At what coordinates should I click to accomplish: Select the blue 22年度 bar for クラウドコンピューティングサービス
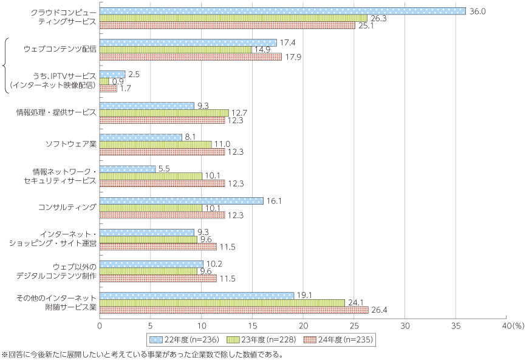click(282, 11)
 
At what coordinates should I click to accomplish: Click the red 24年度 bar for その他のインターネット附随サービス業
click(234, 310)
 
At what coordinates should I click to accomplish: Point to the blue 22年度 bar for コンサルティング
click(181, 200)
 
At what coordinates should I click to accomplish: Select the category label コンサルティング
click(67, 208)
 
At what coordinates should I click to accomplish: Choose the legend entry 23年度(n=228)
click(261, 339)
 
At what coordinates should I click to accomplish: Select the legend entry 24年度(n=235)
click(339, 339)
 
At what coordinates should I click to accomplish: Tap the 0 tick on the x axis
click(100, 326)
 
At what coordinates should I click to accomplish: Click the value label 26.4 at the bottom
click(379, 310)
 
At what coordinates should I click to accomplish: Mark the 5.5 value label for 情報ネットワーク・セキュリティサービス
click(164, 168)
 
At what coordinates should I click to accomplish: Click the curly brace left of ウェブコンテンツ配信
click(5, 66)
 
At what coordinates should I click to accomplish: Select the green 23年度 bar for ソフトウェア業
click(155, 144)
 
